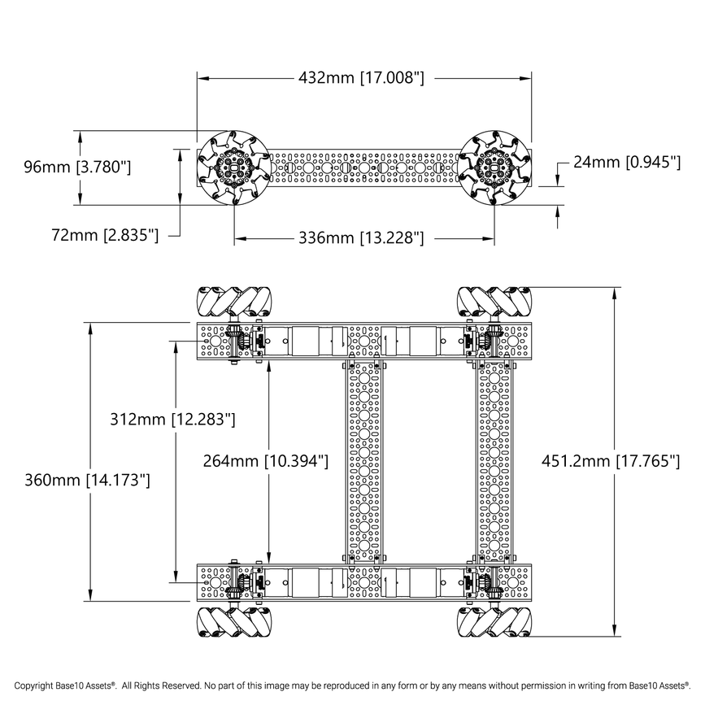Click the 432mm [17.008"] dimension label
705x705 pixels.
coord(362,78)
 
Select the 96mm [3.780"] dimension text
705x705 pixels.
coord(77,168)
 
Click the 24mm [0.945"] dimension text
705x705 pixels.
coord(626,162)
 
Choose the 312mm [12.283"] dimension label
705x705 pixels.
coord(172,420)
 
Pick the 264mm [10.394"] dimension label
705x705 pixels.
coord(265,460)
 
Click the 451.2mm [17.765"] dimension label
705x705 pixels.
coord(610,461)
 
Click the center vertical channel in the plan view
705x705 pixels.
coord(363,462)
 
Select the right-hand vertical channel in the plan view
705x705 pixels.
coord(494,462)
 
